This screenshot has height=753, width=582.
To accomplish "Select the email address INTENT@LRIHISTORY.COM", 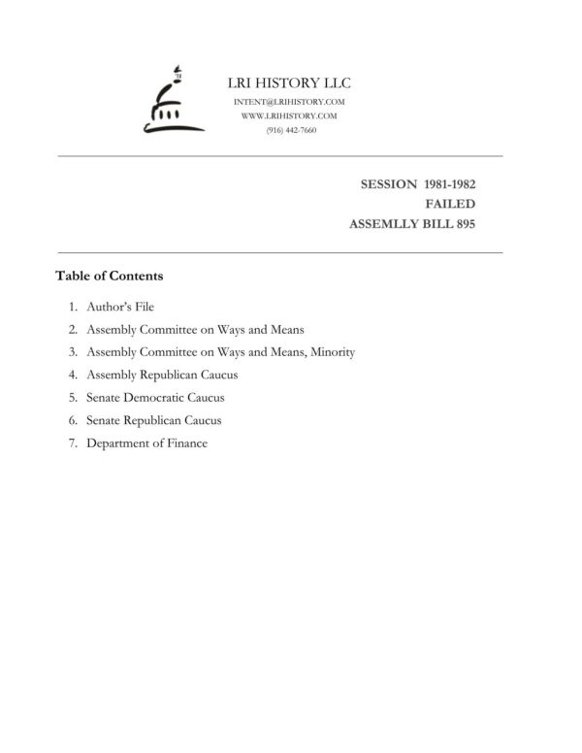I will pos(290,102).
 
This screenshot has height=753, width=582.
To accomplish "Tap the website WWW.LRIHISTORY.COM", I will pos(290,115).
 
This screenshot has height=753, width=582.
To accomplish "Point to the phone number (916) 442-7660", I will pos(290,130).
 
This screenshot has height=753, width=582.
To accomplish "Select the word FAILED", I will pos(450,204).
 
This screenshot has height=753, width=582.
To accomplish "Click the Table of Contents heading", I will pos(109,276).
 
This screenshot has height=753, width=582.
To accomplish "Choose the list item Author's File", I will pos(120,307).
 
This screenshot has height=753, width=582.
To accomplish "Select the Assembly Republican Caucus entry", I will pos(162,375).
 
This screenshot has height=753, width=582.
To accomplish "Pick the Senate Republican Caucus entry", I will pos(154,420).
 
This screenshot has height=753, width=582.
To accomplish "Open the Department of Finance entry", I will pos(146,443).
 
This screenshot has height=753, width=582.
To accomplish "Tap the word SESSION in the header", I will pos(388,183).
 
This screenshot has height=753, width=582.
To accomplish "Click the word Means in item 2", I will pos(287,330).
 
